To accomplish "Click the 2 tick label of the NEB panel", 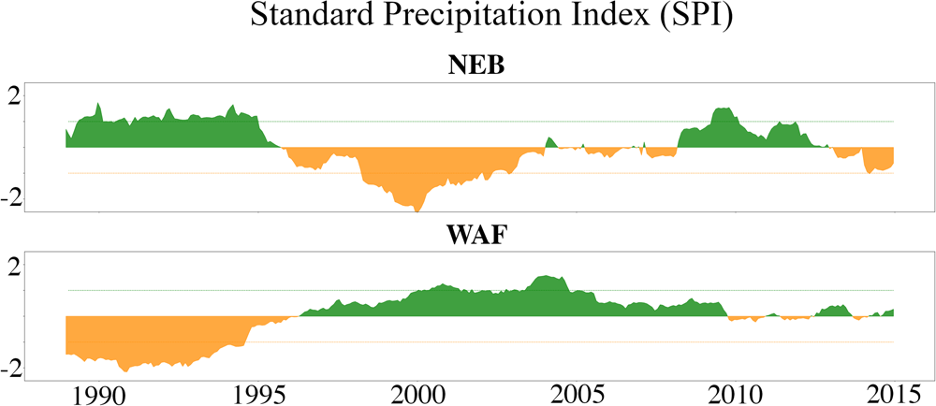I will click(x=37, y=96).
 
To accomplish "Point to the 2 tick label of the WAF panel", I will click(x=37, y=266).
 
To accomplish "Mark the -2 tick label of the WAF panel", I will click(x=34, y=368).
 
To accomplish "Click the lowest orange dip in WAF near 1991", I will click(x=123, y=368).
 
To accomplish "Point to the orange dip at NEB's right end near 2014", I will click(x=876, y=169).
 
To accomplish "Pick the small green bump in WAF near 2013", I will click(x=836, y=308).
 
